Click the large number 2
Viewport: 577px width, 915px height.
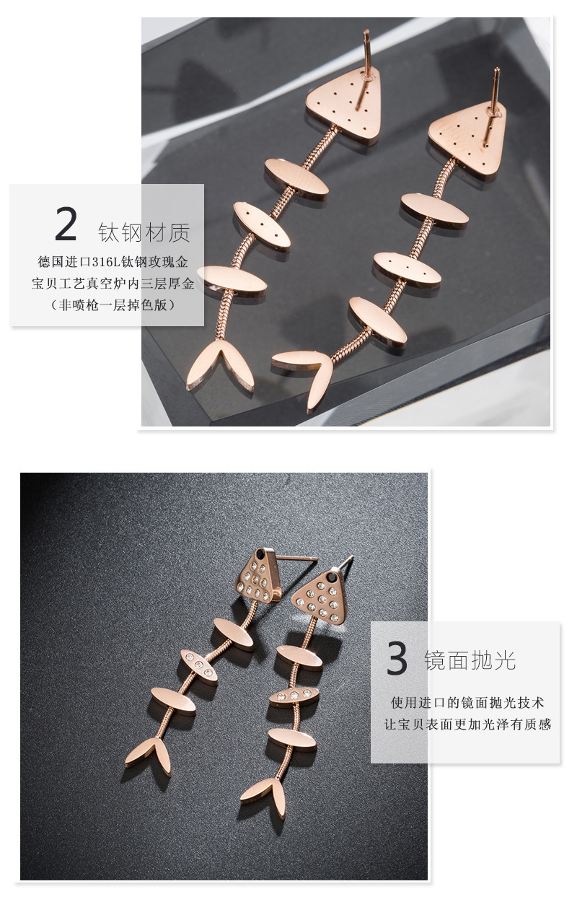click(66, 224)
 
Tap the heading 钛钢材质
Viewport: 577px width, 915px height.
click(144, 232)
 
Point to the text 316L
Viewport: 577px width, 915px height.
click(106, 262)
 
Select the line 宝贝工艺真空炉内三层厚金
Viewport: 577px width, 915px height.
click(113, 284)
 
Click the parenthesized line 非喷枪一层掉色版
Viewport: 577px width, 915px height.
click(113, 305)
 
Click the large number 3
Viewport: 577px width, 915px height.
click(397, 658)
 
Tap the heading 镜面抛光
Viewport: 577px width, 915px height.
click(470, 660)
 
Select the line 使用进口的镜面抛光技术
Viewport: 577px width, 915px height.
click(467, 703)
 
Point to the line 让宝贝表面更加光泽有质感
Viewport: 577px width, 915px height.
click(467, 724)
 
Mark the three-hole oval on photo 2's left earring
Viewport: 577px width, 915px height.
click(262, 224)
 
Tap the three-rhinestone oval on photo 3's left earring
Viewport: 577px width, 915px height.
click(199, 665)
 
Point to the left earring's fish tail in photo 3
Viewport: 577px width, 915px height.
click(148, 756)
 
